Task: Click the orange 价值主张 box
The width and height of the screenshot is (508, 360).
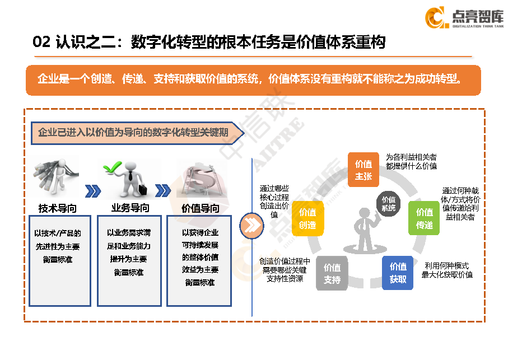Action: pos(363,170)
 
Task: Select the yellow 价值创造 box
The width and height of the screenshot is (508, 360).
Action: pos(307,218)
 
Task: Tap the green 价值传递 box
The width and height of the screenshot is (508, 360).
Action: pos(425,218)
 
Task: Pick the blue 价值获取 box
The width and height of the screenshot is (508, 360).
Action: pos(398,273)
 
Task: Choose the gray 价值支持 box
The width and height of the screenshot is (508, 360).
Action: pos(332,273)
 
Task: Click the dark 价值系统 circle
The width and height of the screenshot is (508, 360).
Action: pos(388,203)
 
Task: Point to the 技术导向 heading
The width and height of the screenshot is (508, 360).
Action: pos(58,209)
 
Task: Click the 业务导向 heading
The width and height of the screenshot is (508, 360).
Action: pos(130,208)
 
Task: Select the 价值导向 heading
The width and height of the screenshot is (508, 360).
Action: pos(201,209)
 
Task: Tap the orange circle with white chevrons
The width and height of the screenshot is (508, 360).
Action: pos(251,225)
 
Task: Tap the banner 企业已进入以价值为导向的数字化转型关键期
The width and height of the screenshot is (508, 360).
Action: pos(134,133)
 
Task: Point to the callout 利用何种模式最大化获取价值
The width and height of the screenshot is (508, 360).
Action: pos(447,270)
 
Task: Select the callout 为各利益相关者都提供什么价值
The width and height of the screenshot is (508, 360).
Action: pos(411,161)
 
